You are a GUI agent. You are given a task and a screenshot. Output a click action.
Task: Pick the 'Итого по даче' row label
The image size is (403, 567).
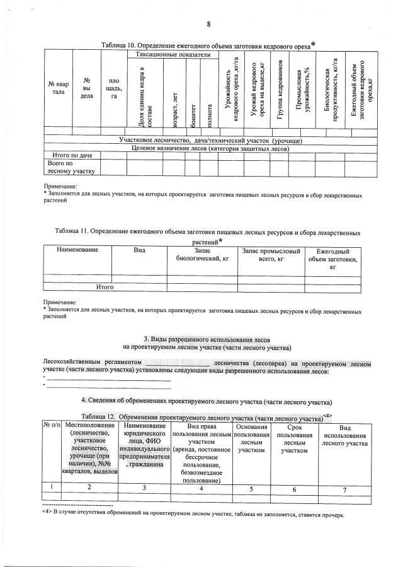[x=69, y=155]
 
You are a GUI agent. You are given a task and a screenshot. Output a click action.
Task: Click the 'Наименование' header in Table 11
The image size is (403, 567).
[x=77, y=251]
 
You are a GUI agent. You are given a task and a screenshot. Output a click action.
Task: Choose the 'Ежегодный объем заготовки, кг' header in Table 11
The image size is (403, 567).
[x=332, y=259]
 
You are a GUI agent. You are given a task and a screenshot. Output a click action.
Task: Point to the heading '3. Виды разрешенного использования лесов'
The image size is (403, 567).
[x=206, y=339]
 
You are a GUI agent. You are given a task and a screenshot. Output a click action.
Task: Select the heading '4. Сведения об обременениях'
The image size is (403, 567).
[x=206, y=401]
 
